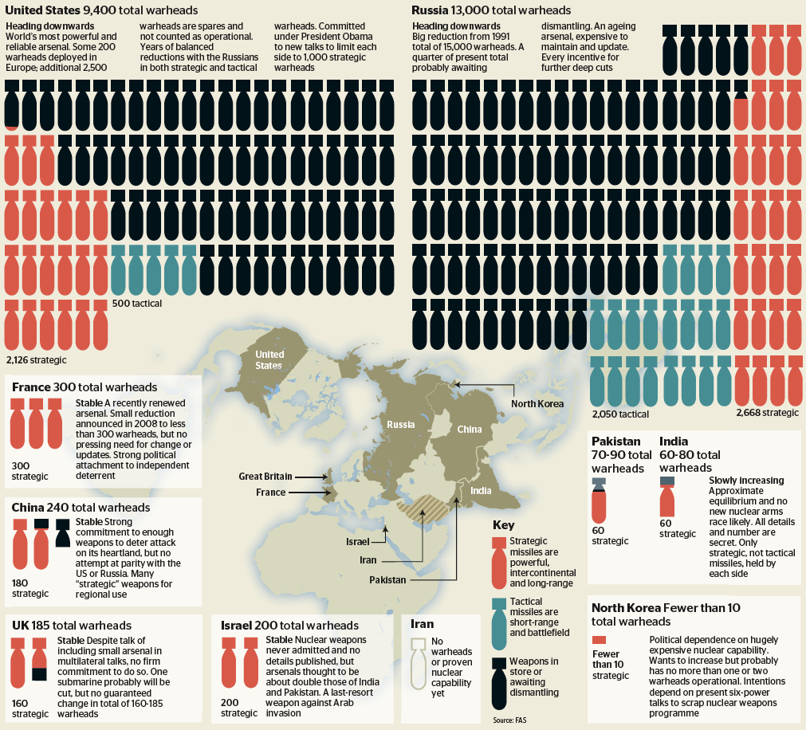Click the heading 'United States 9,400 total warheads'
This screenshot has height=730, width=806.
tap(102, 10)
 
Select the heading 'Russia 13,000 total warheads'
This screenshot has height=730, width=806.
tap(491, 10)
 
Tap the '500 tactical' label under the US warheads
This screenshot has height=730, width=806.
tap(136, 304)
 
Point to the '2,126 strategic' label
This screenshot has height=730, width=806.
tap(36, 359)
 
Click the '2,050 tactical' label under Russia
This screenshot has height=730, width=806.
tap(620, 414)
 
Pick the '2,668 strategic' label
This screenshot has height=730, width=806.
tap(766, 413)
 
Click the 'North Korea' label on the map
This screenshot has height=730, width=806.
tap(537, 403)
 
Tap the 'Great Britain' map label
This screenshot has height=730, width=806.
tap(265, 477)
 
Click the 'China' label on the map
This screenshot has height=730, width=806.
tap(469, 430)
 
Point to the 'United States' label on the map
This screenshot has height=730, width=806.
tap(269, 360)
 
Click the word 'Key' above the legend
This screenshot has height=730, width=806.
tap(503, 525)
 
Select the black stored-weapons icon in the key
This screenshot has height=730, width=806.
tap(500, 682)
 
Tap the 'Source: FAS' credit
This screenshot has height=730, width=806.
tap(509, 720)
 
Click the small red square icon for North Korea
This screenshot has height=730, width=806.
tap(600, 640)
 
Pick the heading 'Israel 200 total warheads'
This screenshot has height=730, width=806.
tap(290, 625)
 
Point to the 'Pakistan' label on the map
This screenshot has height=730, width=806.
tap(387, 579)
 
